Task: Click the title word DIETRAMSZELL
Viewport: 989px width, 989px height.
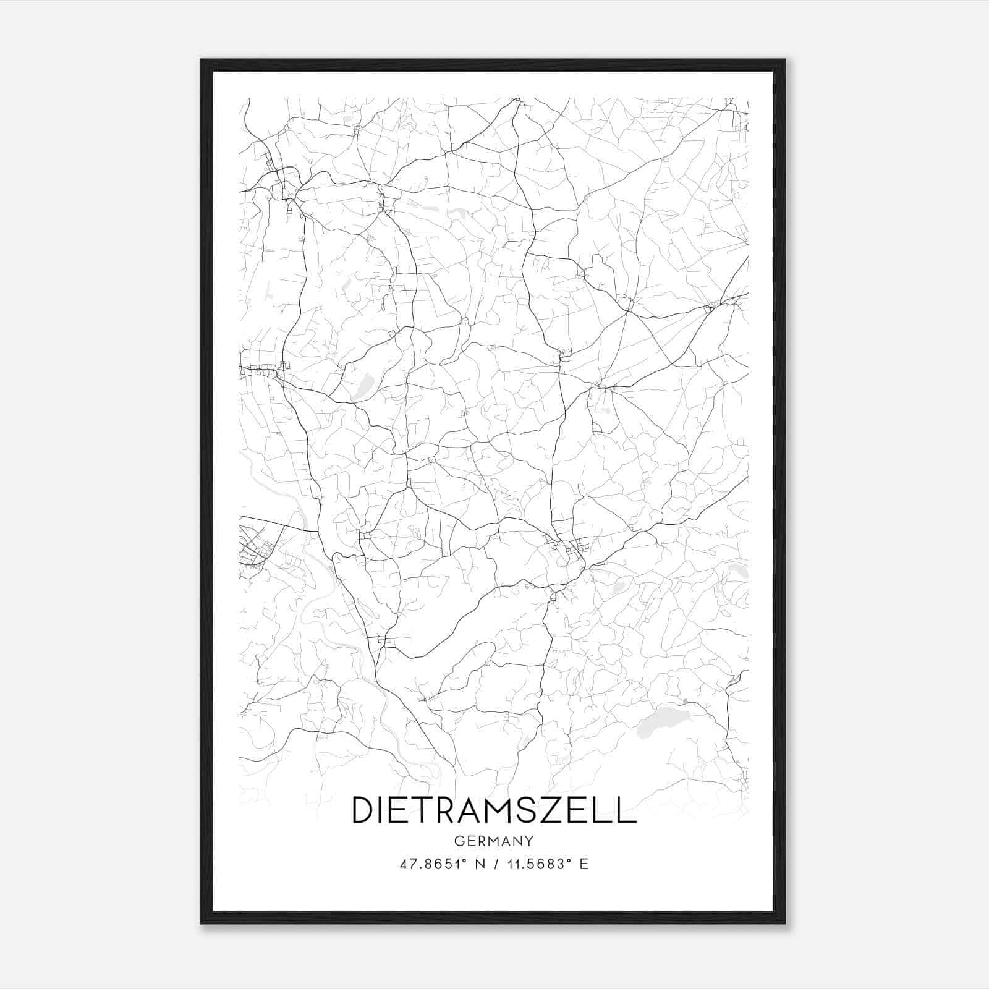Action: [494, 810]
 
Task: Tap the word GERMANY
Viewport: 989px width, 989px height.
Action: [494, 841]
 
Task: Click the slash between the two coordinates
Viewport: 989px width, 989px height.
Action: [494, 864]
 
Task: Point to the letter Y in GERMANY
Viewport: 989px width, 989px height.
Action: [529, 841]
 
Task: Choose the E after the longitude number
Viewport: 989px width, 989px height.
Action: [584, 864]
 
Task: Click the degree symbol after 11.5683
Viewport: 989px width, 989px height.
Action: [566, 860]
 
